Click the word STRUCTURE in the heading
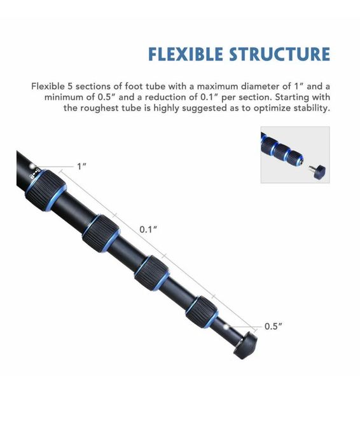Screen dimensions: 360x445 [x=280, y=54]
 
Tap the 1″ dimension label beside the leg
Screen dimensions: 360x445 [x=82, y=167]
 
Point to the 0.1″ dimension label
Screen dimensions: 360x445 [x=148, y=229]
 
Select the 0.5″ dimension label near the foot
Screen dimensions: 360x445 [x=273, y=326]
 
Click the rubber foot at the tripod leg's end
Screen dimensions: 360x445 [x=246, y=346]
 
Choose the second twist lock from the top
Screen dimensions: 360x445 [x=101, y=233]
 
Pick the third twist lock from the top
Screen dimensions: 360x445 [x=153, y=273]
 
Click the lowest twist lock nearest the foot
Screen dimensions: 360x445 [x=202, y=312]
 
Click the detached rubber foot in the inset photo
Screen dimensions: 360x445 [x=319, y=171]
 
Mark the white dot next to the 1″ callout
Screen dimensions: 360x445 [x=32, y=166]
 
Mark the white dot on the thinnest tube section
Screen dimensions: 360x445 [x=226, y=327]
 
